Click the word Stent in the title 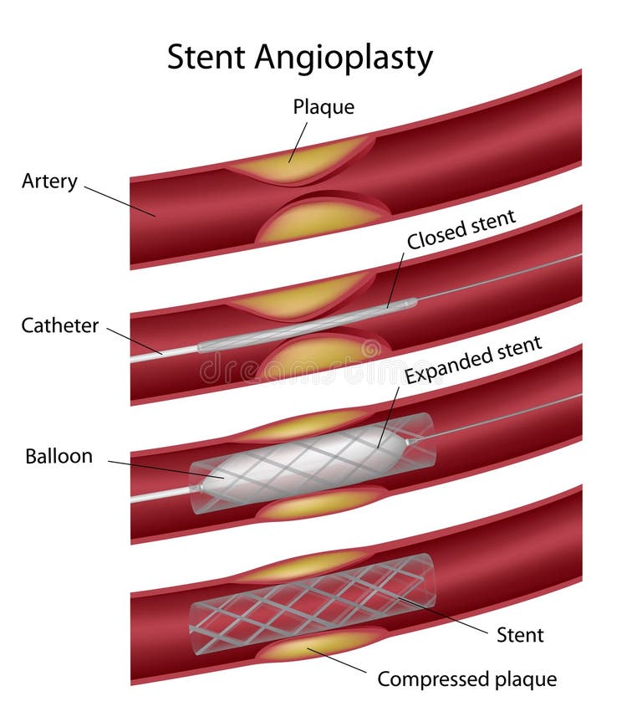coord(206,58)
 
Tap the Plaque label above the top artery coord(324,107)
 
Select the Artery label coord(49,181)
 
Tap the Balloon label coord(59,457)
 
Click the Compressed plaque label coord(466,678)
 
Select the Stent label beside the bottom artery coord(520,635)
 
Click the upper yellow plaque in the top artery coord(301,161)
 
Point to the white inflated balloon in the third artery coord(318,456)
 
